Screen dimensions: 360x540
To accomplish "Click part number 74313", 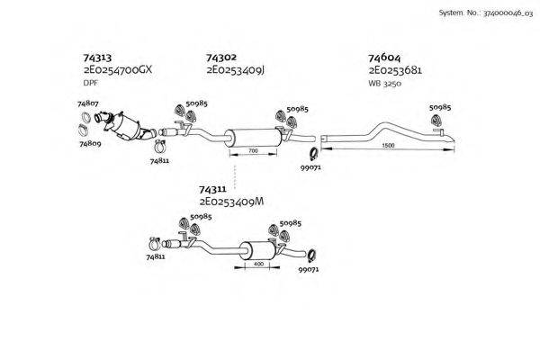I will tap(97, 57).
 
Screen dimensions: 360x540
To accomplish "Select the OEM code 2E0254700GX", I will tap(118, 69).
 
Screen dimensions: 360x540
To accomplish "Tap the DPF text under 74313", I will tap(90, 83).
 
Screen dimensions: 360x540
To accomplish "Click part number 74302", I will tap(221, 57).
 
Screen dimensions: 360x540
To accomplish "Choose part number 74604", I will tap(384, 57).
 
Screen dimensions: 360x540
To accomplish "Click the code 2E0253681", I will tap(395, 69).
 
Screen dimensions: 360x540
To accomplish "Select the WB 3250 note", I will tap(383, 83).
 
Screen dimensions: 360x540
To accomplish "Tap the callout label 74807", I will tap(88, 104).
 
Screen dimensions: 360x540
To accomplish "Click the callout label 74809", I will tap(90, 143).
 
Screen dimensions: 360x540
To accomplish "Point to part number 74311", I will tap(213, 191).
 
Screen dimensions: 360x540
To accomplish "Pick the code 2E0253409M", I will tap(231, 203).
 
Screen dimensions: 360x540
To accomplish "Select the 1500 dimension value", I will tap(388, 146).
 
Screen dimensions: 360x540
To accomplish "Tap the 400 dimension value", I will tap(258, 265).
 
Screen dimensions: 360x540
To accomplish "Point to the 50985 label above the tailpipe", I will tap(440, 107).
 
